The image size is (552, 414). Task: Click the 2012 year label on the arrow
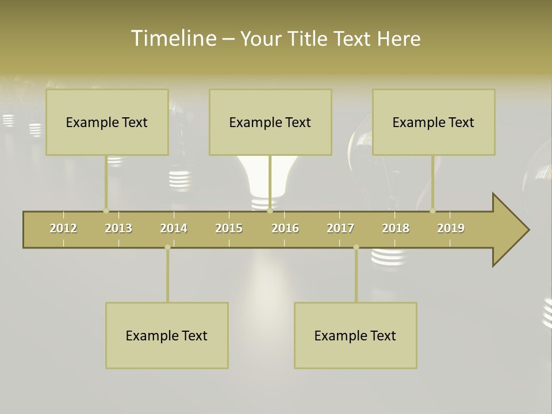pyautogui.click(x=63, y=228)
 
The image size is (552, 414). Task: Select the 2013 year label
pyautogui.click(x=118, y=228)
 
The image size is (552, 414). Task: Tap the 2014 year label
pyautogui.click(x=174, y=228)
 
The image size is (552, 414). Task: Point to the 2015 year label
pyautogui.click(x=229, y=228)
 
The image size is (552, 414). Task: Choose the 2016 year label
pyautogui.click(x=285, y=228)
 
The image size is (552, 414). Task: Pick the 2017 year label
pyautogui.click(x=340, y=228)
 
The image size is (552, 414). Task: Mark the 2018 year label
pyautogui.click(x=396, y=228)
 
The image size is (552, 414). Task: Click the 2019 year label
pyautogui.click(x=451, y=228)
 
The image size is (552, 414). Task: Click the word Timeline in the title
pyautogui.click(x=173, y=39)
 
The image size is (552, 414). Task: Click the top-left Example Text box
pyautogui.click(x=107, y=122)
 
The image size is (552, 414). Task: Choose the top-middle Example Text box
pyautogui.click(x=270, y=122)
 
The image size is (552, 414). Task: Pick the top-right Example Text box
pyautogui.click(x=434, y=122)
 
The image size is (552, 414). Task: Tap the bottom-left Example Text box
pyautogui.click(x=167, y=335)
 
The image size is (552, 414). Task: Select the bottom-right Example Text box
pyautogui.click(x=355, y=335)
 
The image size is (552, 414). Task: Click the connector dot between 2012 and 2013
pyautogui.click(x=106, y=210)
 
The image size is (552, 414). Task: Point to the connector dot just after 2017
pyautogui.click(x=356, y=247)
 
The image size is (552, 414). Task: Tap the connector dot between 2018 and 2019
pyautogui.click(x=433, y=210)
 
